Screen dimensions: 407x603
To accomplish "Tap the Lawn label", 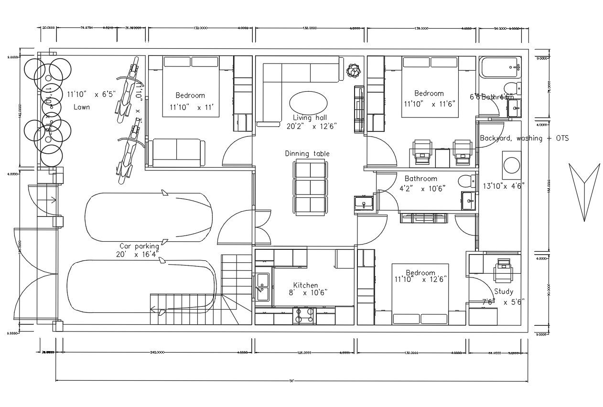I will [81, 107].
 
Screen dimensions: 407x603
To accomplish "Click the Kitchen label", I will [305, 285].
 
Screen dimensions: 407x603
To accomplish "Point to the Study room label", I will [504, 291].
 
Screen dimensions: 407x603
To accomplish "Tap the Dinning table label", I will [307, 153].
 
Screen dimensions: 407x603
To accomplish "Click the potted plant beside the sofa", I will [353, 71].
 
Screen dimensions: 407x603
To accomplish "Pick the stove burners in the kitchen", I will [304, 315].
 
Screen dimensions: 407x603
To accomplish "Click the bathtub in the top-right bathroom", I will [500, 68].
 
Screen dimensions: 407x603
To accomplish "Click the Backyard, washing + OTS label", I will [524, 138].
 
